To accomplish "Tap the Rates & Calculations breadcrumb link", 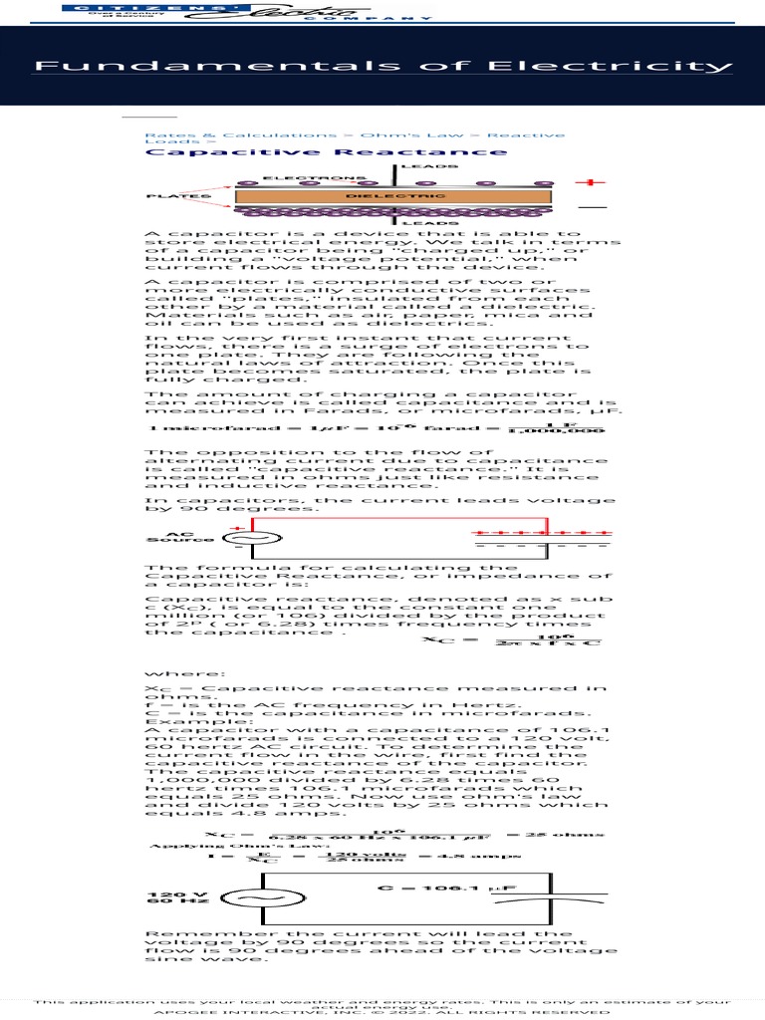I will pos(241,134).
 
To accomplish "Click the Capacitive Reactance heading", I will pos(326,152).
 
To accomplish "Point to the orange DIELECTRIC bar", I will pos(395,196).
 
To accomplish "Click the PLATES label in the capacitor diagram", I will pos(178,196).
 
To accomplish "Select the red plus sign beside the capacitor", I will pos(594,182).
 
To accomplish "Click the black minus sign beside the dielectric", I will pos(592,207).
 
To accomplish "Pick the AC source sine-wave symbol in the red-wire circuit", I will pos(251,538).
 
